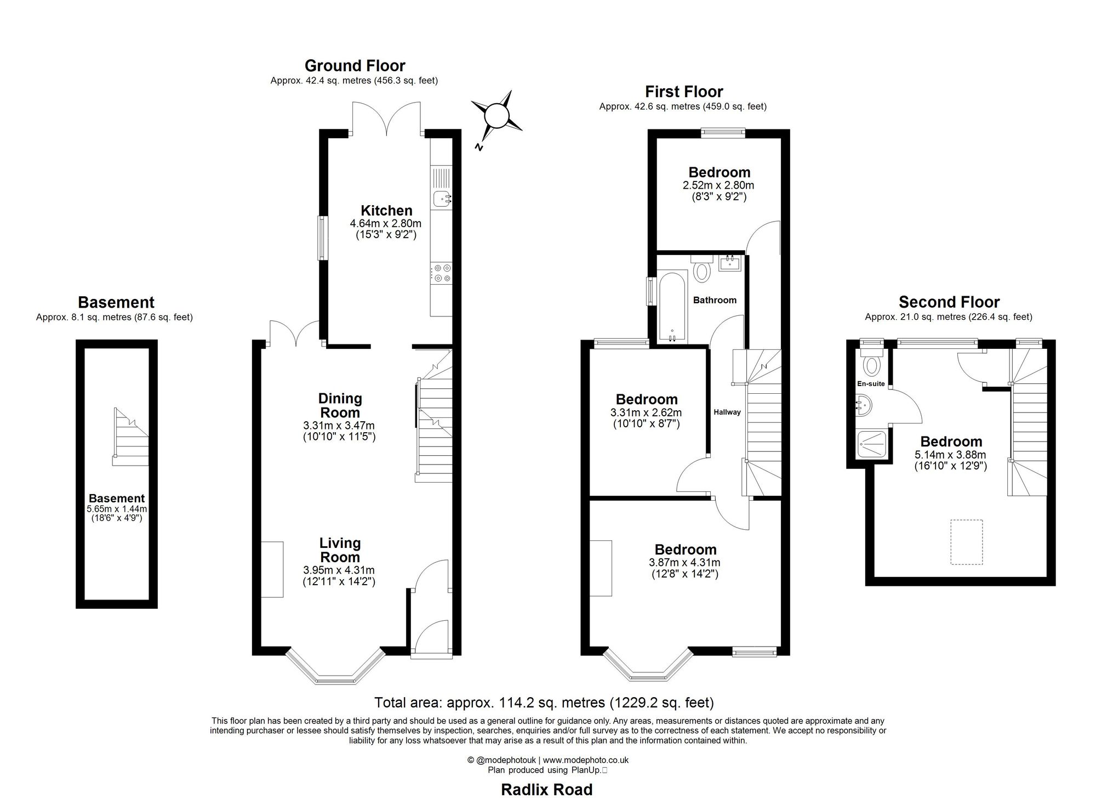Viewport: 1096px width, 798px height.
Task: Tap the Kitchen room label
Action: (x=386, y=211)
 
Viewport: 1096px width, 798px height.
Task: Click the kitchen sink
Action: (x=442, y=199)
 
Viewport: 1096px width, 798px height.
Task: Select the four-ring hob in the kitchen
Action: (x=442, y=273)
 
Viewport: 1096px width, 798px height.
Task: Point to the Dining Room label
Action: (x=340, y=406)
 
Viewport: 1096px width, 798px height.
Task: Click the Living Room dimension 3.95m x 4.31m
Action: (x=339, y=570)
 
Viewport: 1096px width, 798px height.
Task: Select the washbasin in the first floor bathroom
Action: (x=730, y=263)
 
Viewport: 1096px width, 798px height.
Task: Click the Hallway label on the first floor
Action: (x=727, y=412)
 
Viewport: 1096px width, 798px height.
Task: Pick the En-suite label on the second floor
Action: (x=871, y=383)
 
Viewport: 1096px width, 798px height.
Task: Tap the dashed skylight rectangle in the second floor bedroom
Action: (x=966, y=542)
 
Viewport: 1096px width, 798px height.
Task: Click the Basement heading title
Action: (x=116, y=302)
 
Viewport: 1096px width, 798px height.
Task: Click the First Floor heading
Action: (x=683, y=92)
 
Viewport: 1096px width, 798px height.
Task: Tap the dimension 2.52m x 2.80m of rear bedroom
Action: (x=718, y=185)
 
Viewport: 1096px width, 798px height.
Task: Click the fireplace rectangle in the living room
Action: (x=272, y=569)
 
